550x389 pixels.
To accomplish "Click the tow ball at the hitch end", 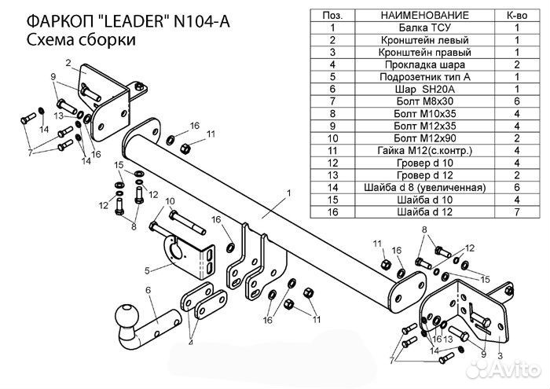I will [126, 315].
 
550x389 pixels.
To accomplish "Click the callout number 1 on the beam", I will [289, 193].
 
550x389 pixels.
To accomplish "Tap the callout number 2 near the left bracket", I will [69, 63].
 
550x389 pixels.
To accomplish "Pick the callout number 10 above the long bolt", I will [170, 203].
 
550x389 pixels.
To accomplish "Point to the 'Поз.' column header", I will [332, 15].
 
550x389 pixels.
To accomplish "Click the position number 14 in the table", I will [332, 187].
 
